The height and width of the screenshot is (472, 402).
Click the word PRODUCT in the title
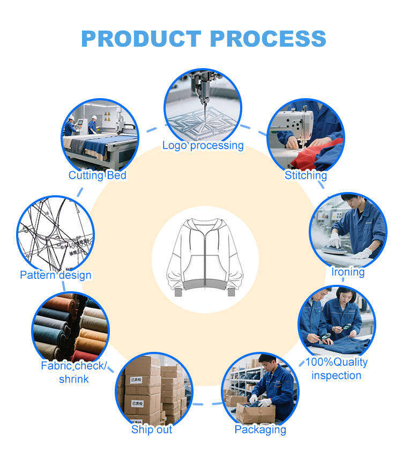point(141,39)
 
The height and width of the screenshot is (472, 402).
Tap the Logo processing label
point(203,145)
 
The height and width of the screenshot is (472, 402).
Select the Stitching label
point(306,175)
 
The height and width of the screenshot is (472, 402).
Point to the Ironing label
point(347,272)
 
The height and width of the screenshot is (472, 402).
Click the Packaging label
point(260,430)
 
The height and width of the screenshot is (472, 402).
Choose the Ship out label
point(152,430)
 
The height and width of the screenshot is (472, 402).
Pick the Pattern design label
point(56,275)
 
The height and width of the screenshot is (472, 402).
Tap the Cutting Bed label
point(98,175)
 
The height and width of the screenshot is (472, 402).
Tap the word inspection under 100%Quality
point(336,375)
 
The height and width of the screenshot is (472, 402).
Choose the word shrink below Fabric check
point(74,379)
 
